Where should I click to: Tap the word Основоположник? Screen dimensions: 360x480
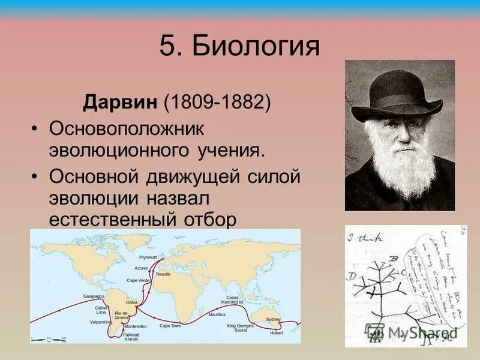pyautogui.click(x=127, y=128)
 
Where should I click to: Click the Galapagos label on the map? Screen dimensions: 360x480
pyautogui.click(x=94, y=296)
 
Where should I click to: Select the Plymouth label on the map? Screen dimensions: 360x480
pyautogui.click(x=148, y=256)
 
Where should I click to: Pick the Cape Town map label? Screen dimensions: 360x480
pyautogui.click(x=170, y=326)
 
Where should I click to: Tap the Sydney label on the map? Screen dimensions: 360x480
pyautogui.click(x=273, y=319)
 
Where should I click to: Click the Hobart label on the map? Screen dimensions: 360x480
pyautogui.click(x=276, y=332)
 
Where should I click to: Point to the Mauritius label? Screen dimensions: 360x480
pyautogui.click(x=217, y=314)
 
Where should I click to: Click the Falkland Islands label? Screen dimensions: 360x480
pyautogui.click(x=131, y=337)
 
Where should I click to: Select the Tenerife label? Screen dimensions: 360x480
pyautogui.click(x=163, y=274)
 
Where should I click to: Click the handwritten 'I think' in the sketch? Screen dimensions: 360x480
pyautogui.click(x=370, y=237)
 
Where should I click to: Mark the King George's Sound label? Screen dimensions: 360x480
pyautogui.click(x=240, y=328)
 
